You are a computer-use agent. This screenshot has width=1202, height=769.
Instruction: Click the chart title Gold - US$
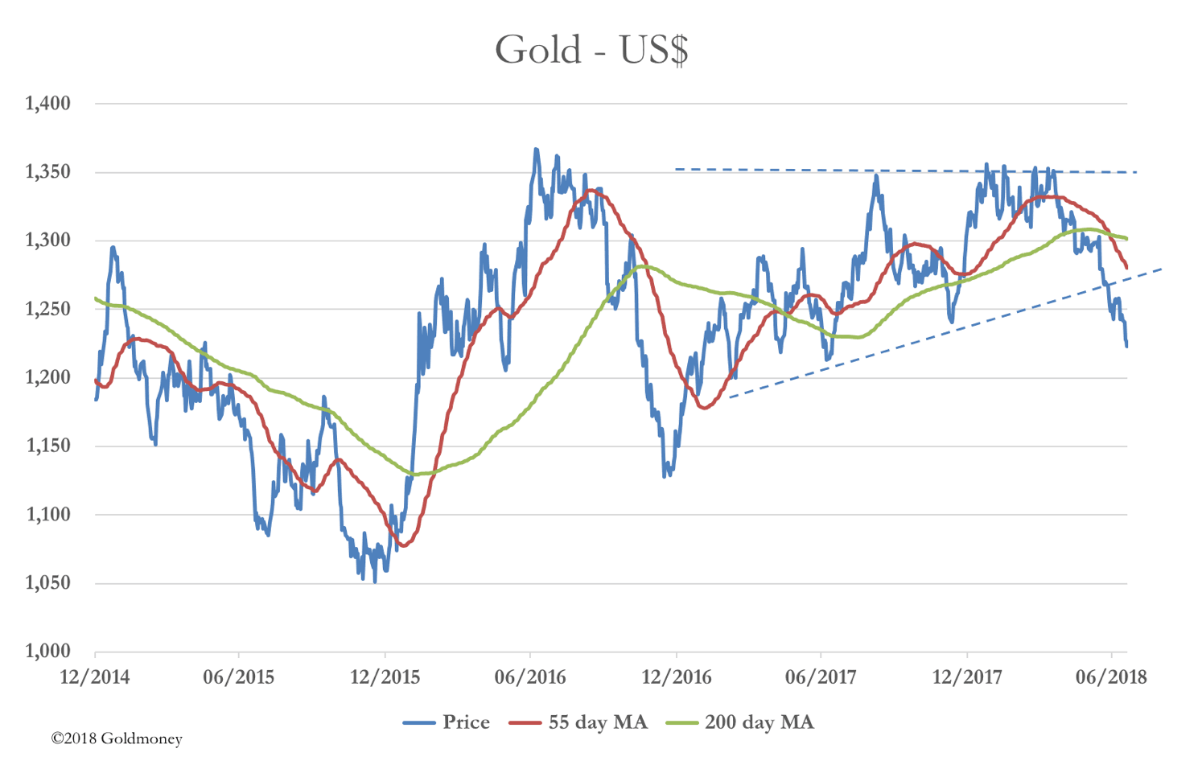pyautogui.click(x=591, y=50)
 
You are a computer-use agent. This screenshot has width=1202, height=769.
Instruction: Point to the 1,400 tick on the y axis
pyautogui.click(x=48, y=103)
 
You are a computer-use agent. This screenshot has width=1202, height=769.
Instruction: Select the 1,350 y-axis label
pyautogui.click(x=48, y=172)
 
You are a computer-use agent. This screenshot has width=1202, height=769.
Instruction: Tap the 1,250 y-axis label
pyautogui.click(x=48, y=310)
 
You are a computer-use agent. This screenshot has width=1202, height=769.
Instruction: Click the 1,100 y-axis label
pyautogui.click(x=48, y=515)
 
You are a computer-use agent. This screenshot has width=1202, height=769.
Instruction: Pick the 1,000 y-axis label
pyautogui.click(x=48, y=652)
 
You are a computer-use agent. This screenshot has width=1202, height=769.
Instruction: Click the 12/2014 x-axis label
pyautogui.click(x=94, y=677)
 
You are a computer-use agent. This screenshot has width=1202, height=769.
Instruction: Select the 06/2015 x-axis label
pyautogui.click(x=238, y=677)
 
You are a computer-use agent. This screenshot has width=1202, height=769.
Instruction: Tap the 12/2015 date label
pyautogui.click(x=385, y=677)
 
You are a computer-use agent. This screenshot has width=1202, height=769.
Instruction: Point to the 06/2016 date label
pyautogui.click(x=529, y=677)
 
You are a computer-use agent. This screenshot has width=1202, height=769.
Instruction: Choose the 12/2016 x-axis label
pyautogui.click(x=676, y=677)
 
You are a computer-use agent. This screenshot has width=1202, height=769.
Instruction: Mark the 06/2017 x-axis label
pyautogui.click(x=821, y=677)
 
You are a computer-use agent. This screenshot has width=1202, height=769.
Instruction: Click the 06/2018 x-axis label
pyautogui.click(x=1111, y=677)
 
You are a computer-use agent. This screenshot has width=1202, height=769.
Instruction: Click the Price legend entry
pyautogui.click(x=447, y=722)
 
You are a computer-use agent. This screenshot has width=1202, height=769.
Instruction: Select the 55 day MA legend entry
pyautogui.click(x=578, y=722)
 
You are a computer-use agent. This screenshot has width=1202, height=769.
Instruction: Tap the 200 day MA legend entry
pyautogui.click(x=741, y=722)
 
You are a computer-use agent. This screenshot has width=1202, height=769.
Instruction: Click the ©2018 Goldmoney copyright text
pyautogui.click(x=117, y=738)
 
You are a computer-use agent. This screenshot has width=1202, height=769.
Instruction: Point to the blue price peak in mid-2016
pyautogui.click(x=536, y=150)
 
